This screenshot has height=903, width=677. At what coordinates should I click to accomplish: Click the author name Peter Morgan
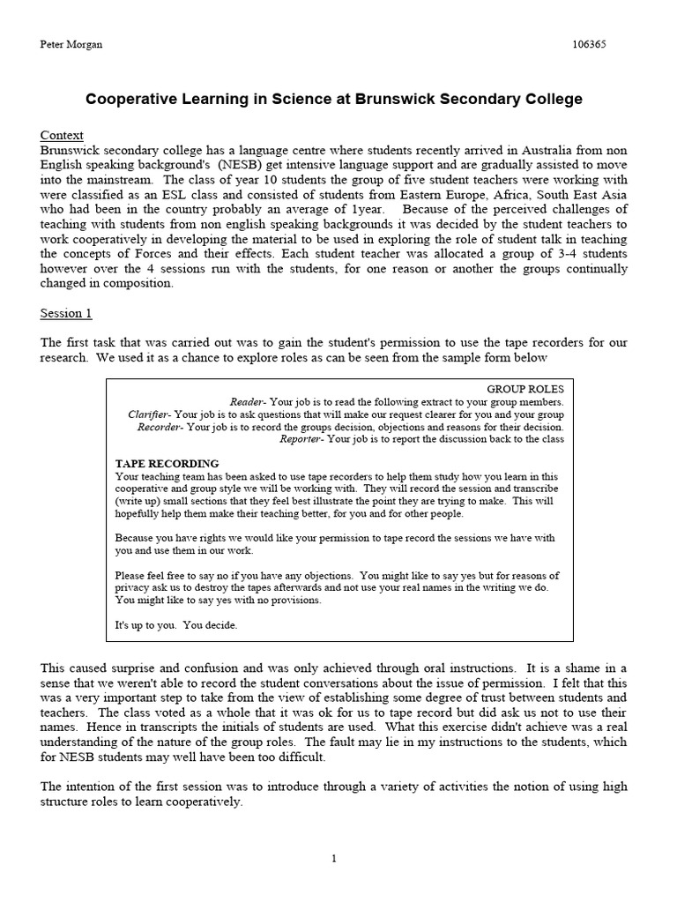click(71, 45)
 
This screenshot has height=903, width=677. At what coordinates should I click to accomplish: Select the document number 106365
click(588, 45)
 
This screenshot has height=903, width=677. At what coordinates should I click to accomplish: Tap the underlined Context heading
click(62, 135)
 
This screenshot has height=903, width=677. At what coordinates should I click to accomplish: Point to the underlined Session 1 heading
click(66, 313)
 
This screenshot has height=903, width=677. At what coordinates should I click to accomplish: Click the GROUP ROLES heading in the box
click(524, 389)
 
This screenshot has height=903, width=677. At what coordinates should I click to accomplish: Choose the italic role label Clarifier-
click(149, 414)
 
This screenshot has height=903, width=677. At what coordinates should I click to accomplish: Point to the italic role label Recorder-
click(160, 426)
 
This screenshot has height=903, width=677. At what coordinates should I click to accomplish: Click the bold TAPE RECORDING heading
click(167, 463)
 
